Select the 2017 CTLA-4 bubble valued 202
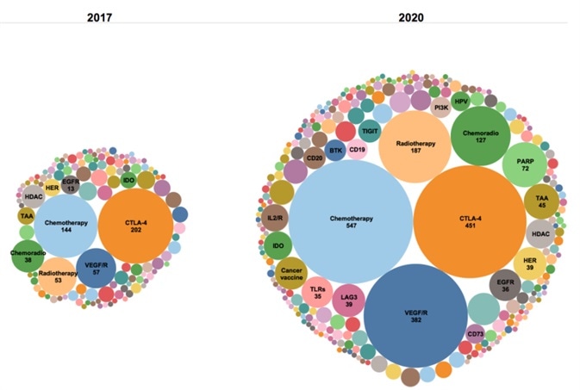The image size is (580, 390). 136,228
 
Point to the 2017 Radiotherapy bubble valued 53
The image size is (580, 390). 57,276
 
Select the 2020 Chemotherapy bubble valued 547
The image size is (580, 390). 351,222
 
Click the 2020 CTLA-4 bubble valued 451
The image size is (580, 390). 470,222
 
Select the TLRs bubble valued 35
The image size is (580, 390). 317,294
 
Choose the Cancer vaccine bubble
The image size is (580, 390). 291,274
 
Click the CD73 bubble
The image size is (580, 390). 475,335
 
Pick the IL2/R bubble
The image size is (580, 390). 276,219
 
